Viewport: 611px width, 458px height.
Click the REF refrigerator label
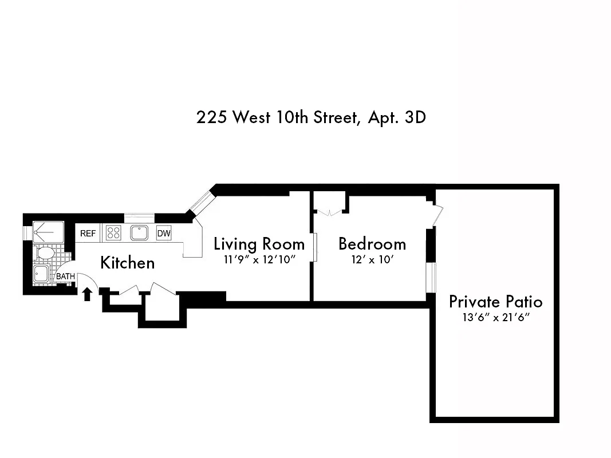tap(88, 234)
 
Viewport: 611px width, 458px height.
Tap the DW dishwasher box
tap(164, 234)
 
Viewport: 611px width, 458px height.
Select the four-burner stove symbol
tap(113, 233)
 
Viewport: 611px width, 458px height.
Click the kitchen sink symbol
tap(139, 233)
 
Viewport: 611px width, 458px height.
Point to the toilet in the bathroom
tap(44, 252)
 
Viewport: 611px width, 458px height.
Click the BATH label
tap(65, 277)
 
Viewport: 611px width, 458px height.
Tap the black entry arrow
tap(87, 294)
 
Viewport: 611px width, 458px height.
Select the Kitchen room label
tap(127, 263)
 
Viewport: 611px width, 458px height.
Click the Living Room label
tap(259, 244)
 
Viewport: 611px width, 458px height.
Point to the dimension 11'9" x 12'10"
tap(259, 259)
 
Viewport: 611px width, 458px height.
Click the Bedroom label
tap(372, 244)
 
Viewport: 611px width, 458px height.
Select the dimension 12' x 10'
tap(372, 259)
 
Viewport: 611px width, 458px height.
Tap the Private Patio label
tap(495, 302)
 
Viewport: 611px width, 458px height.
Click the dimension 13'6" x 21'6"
tap(495, 317)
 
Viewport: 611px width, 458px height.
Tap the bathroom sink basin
tap(42, 273)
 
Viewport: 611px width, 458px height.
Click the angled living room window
tap(201, 200)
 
